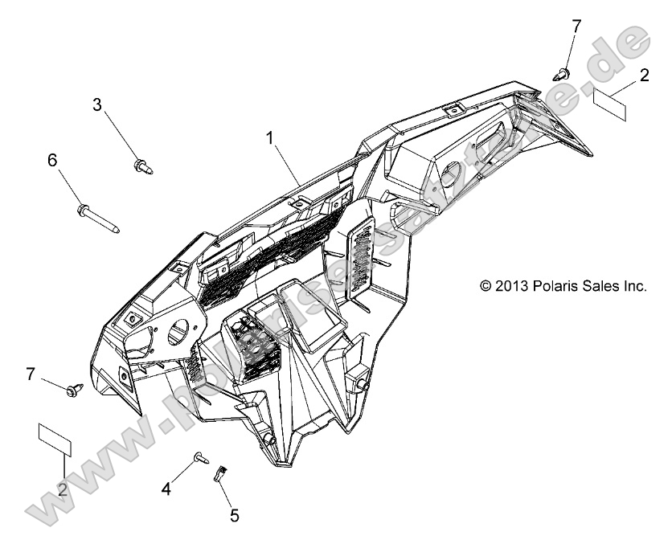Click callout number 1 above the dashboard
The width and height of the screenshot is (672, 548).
coord(271,137)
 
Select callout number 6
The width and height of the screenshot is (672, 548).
coord(52,160)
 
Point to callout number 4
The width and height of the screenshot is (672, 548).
coord(167,487)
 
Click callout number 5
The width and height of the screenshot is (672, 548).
coord(235,515)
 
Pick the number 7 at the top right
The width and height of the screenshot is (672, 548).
coord(576,27)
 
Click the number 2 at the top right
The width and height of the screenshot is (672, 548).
coord(644,76)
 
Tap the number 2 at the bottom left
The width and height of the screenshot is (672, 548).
coord(62,490)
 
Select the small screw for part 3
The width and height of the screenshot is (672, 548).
coord(141,166)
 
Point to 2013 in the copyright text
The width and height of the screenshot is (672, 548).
coord(513,286)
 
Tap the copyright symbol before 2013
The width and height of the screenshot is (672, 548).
coord(485,286)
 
